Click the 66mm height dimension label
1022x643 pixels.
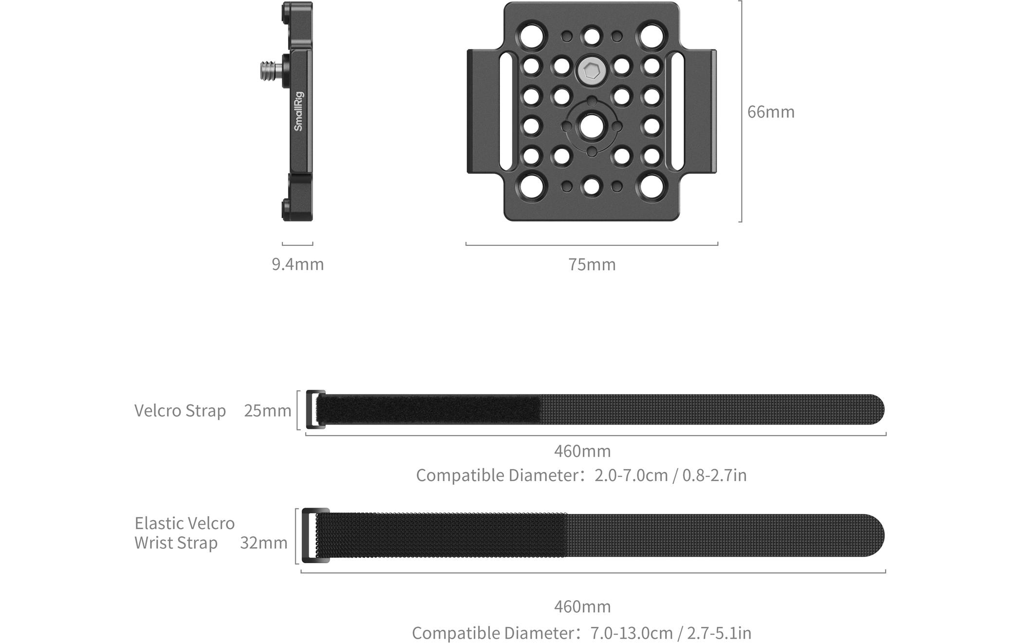(x=771, y=112)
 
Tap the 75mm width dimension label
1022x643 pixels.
(x=592, y=264)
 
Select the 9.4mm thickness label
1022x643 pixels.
(x=297, y=264)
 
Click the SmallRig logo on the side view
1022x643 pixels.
(x=298, y=111)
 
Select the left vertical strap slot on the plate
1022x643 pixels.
(x=506, y=111)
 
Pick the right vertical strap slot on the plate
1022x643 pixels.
(x=677, y=111)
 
